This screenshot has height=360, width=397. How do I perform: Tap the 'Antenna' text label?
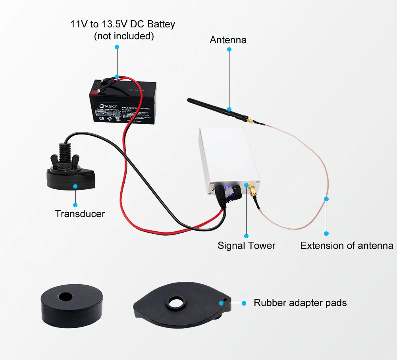pos(228,40)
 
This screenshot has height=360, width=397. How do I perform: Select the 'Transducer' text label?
pos(80,214)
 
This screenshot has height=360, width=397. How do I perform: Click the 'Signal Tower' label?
pos(246,246)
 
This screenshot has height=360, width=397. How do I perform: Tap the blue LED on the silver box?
pos(226,188)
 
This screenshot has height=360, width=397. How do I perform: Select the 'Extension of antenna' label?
pos(347,246)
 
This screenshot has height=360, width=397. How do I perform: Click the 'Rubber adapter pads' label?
pos(300,303)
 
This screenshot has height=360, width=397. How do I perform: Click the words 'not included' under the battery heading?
pos(123,36)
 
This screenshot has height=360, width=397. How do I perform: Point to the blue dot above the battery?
pos(117,47)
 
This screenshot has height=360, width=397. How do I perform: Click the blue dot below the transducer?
pos(75,186)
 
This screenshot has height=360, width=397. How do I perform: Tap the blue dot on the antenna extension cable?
pos(326,198)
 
